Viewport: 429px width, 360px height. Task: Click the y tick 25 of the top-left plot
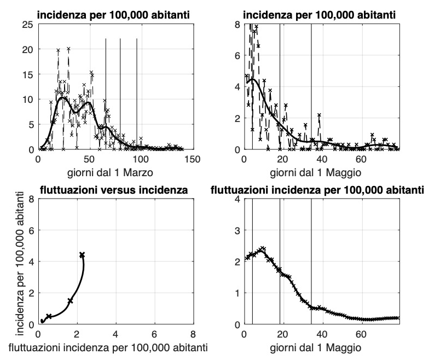coord(27,24)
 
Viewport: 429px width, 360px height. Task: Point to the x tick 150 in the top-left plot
coord(192,159)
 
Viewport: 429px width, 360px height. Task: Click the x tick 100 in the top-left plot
coord(141,159)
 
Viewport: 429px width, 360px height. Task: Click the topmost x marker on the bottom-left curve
coord(82,254)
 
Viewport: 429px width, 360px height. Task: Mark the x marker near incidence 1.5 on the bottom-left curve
coord(70,301)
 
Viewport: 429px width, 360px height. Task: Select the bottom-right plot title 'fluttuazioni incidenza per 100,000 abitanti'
coord(317,190)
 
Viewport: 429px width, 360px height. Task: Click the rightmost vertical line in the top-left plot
coord(137,93)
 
